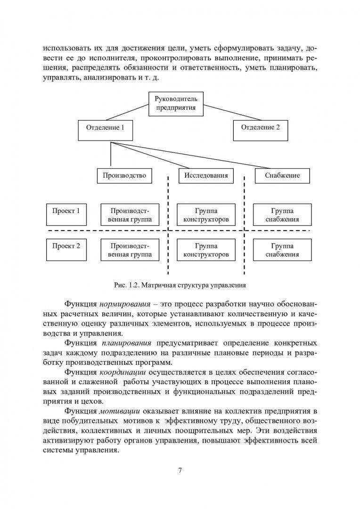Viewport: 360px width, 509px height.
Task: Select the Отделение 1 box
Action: point(106,127)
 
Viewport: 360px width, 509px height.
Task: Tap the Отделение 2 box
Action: point(260,127)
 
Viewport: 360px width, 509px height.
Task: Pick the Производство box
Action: point(124,176)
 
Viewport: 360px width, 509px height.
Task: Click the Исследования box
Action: point(206,176)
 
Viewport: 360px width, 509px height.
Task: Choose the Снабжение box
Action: point(283,176)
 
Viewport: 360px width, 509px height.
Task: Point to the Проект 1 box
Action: point(66,211)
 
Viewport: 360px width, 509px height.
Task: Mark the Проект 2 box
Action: point(66,246)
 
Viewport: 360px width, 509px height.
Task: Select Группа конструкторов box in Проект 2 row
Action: point(205,250)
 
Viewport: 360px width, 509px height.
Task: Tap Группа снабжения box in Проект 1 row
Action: point(282,215)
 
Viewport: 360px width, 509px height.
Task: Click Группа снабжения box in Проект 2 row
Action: point(282,250)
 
